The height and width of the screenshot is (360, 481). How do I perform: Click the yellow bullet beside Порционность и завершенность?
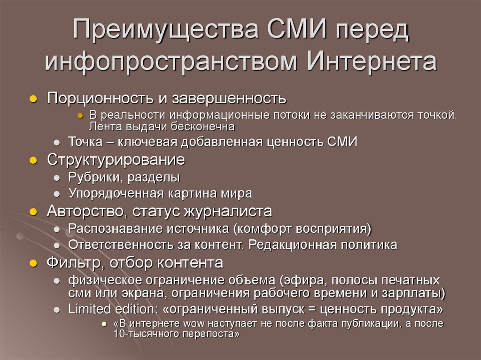33,99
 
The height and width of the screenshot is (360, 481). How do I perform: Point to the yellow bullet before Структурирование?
33,160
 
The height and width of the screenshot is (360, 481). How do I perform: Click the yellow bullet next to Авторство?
33,212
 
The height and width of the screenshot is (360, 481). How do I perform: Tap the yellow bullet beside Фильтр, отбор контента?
33,263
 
